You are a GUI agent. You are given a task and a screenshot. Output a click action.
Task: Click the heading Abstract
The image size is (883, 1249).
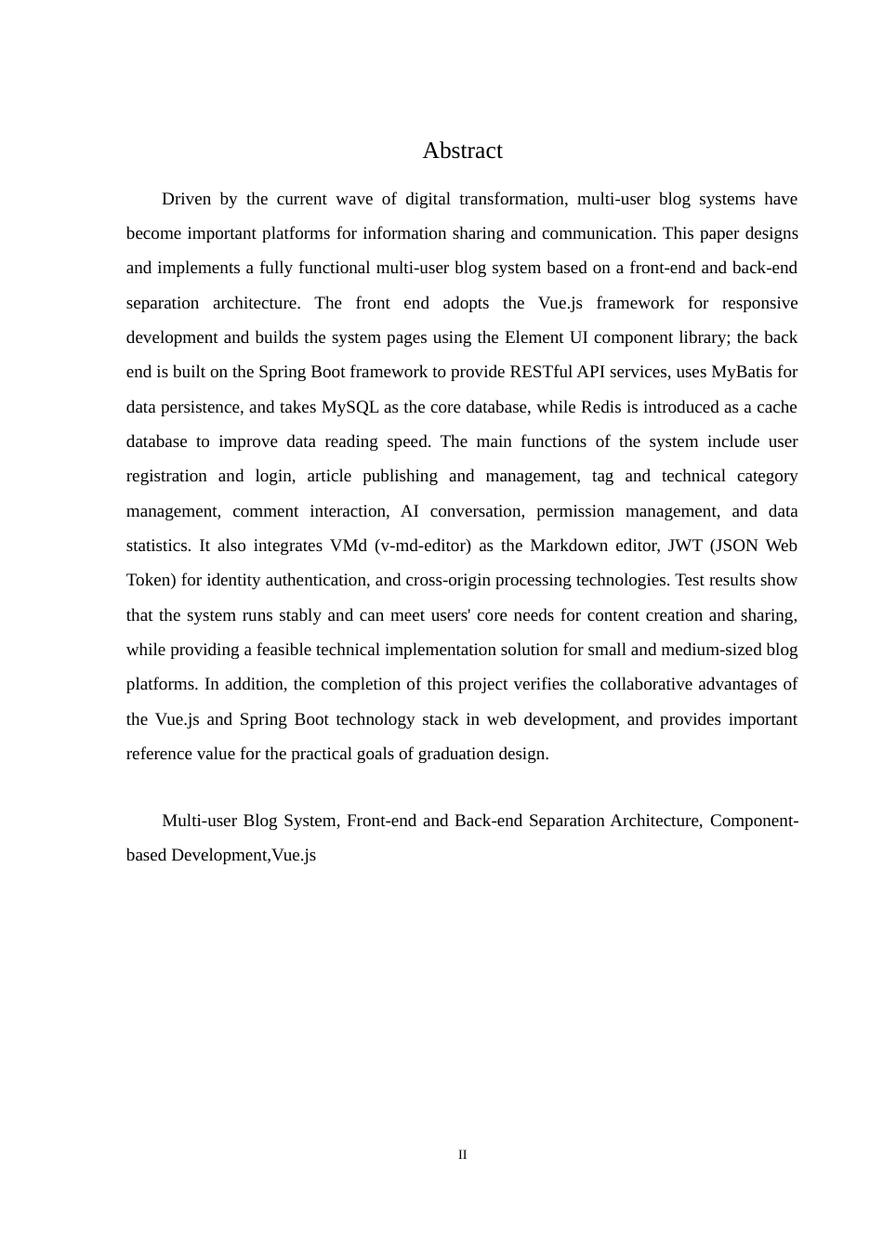coord(462,151)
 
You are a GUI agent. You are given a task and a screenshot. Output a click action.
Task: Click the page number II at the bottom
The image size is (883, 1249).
coord(462,1155)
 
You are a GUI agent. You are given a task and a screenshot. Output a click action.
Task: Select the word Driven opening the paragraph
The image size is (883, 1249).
coord(186,199)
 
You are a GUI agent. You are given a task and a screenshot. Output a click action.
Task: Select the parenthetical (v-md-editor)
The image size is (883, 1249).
coord(422,546)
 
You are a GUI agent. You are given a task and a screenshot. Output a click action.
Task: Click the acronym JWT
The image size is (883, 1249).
coord(685,546)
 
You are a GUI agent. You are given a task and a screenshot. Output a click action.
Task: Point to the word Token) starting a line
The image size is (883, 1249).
coord(151,580)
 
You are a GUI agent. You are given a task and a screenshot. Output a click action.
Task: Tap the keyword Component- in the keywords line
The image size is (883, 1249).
coord(754,821)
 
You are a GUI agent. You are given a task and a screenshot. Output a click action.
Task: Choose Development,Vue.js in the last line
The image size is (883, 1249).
coord(244,855)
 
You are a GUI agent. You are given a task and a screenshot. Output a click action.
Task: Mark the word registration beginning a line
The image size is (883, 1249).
coord(166,476)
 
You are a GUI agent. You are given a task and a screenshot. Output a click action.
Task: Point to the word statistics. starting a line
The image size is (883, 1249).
coord(159,546)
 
